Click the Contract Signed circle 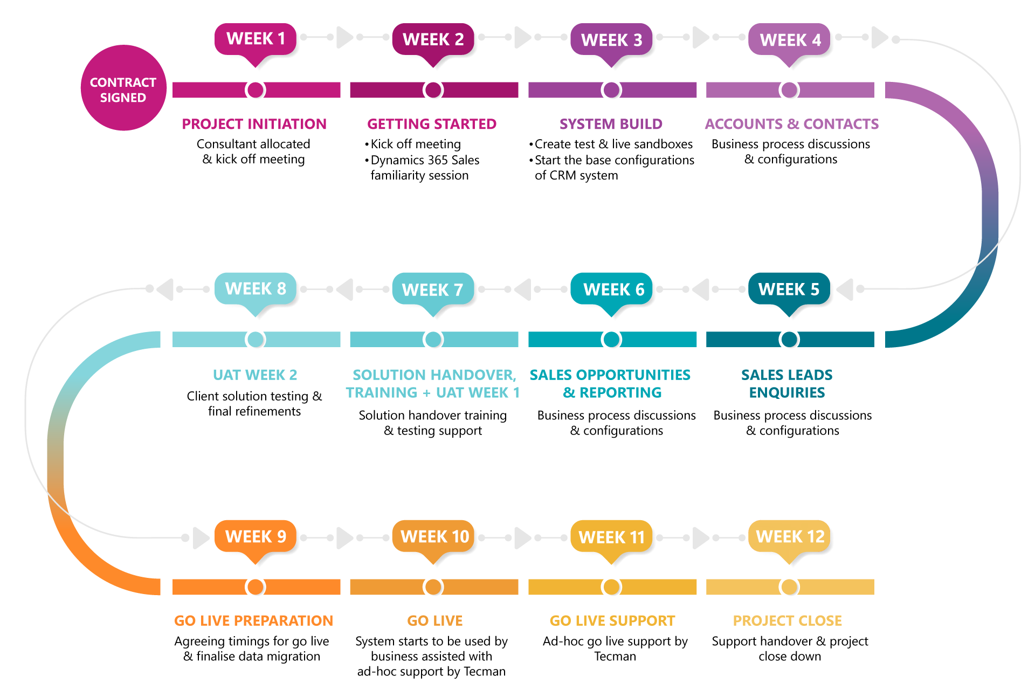(x=123, y=88)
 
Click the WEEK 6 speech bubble (x=613, y=289)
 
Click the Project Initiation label (x=254, y=124)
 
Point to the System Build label (x=611, y=124)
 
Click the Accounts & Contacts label (x=791, y=124)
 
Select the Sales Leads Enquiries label (x=787, y=383)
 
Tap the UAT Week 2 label (x=255, y=375)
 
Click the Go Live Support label (x=612, y=620)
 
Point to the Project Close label (x=787, y=620)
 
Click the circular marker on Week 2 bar (x=434, y=90)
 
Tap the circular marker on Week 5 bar (x=790, y=340)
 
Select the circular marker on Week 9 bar (x=256, y=587)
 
